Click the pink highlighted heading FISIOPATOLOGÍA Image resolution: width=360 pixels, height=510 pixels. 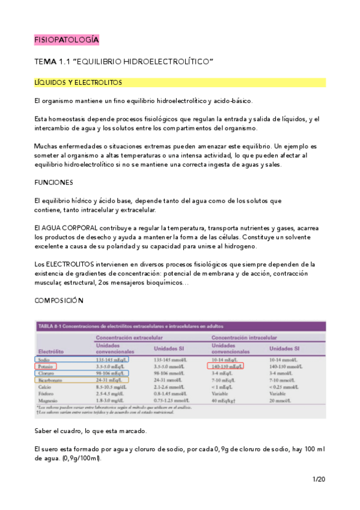click(66, 40)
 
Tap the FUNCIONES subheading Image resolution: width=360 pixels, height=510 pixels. click(53, 182)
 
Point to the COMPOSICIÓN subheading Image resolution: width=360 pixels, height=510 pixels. click(59, 300)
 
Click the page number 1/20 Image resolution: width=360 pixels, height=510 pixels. click(319, 479)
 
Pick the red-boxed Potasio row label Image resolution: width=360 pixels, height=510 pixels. click(47, 366)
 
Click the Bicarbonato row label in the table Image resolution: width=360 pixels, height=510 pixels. click(50, 380)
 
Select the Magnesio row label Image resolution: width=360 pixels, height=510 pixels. click(49, 401)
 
